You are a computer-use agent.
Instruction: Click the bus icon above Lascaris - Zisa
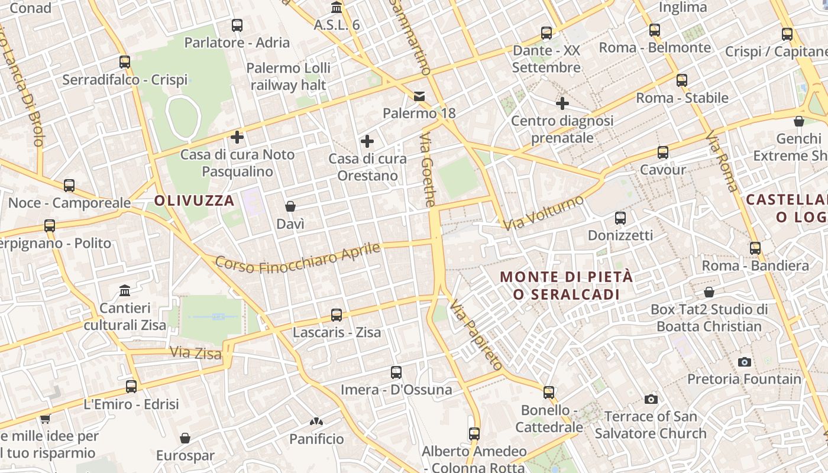point(337,315)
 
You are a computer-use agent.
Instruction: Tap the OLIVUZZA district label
point(195,200)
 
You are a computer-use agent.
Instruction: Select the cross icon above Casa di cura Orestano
point(367,141)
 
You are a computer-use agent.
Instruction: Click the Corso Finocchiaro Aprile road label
point(297,258)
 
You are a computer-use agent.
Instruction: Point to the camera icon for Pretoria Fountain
point(745,362)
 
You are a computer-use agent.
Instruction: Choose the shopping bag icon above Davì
point(290,206)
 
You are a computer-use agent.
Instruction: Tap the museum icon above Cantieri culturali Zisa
point(125,290)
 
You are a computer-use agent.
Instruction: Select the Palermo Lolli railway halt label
point(288,76)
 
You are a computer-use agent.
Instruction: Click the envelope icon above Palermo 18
point(419,96)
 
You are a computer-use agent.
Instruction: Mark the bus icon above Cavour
point(663,153)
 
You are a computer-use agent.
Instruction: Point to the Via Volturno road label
point(543,213)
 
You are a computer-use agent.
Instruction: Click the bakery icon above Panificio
point(316,422)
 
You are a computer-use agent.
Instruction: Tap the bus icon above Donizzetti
point(620,218)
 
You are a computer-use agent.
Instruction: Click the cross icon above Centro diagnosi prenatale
point(562,104)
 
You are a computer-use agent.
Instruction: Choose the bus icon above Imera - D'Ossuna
point(396,372)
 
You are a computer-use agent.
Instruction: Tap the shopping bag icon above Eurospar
point(185,438)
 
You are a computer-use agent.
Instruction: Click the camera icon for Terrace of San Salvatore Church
point(651,399)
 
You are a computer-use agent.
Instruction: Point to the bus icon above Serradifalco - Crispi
point(125,62)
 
